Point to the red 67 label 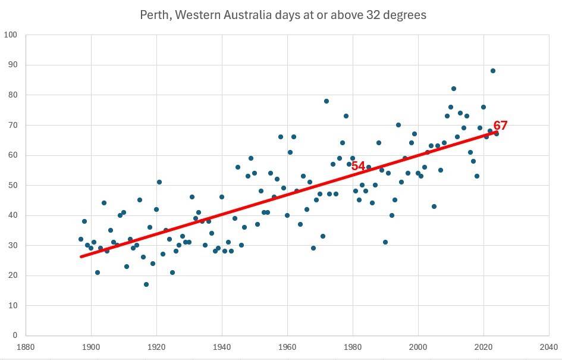tap(500, 126)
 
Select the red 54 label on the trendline tap(358, 166)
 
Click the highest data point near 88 tap(493, 71)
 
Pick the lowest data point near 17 tap(146, 284)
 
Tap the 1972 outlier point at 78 tap(326, 101)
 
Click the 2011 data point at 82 tap(454, 89)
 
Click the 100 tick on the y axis tap(11, 35)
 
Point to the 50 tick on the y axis tap(13, 185)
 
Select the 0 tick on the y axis tap(15, 336)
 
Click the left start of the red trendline tap(81, 256)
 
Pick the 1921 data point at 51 tap(159, 182)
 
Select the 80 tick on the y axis tap(13, 95)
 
